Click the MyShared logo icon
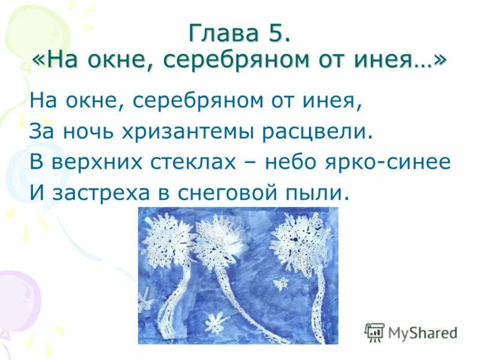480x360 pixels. pos(374,332)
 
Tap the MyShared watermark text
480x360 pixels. pos(423,332)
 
